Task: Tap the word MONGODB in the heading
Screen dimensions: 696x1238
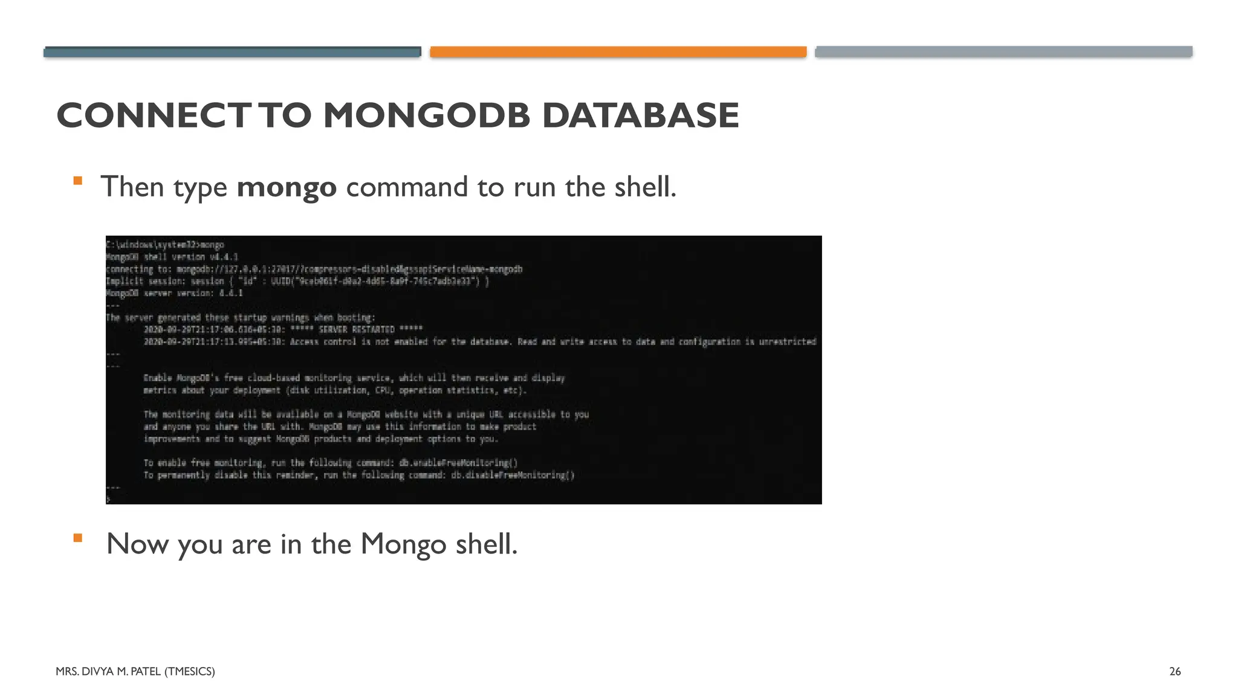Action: click(x=426, y=115)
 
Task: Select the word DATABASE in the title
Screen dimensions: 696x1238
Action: click(x=640, y=115)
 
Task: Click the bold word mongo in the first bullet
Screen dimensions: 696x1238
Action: click(x=287, y=187)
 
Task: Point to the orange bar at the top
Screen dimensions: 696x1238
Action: click(x=618, y=52)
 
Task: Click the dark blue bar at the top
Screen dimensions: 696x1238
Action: click(x=232, y=52)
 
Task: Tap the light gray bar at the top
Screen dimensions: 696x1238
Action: click(x=1003, y=52)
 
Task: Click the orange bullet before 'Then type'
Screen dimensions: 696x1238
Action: click(x=77, y=180)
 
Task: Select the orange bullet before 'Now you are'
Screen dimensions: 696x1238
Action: click(x=77, y=538)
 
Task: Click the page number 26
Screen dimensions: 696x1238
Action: click(x=1175, y=671)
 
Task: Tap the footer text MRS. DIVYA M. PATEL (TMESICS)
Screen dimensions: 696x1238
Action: click(x=135, y=671)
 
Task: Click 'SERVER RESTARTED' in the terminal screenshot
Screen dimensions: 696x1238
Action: click(x=357, y=330)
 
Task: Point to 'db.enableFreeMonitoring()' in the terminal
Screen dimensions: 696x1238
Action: click(x=458, y=463)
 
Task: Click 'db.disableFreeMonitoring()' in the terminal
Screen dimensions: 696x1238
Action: click(x=513, y=475)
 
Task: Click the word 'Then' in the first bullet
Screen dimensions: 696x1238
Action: click(x=132, y=187)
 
